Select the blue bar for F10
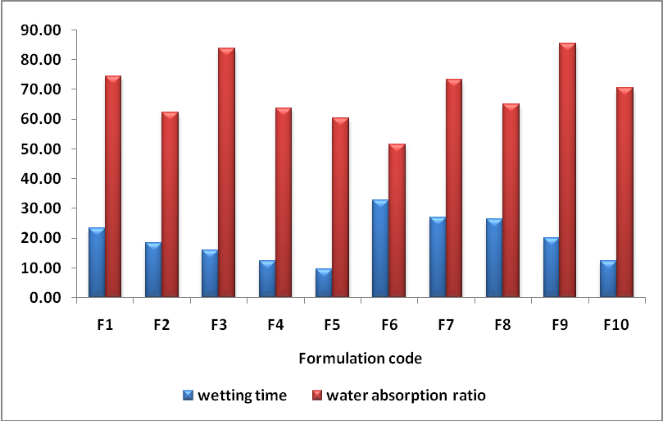[607, 279]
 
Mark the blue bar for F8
[493, 258]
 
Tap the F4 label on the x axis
[275, 325]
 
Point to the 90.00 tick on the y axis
[42, 30]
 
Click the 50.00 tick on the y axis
[42, 149]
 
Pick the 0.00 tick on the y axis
[45, 298]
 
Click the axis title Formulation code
[360, 358]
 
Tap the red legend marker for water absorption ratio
[317, 396]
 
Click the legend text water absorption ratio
[406, 396]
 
